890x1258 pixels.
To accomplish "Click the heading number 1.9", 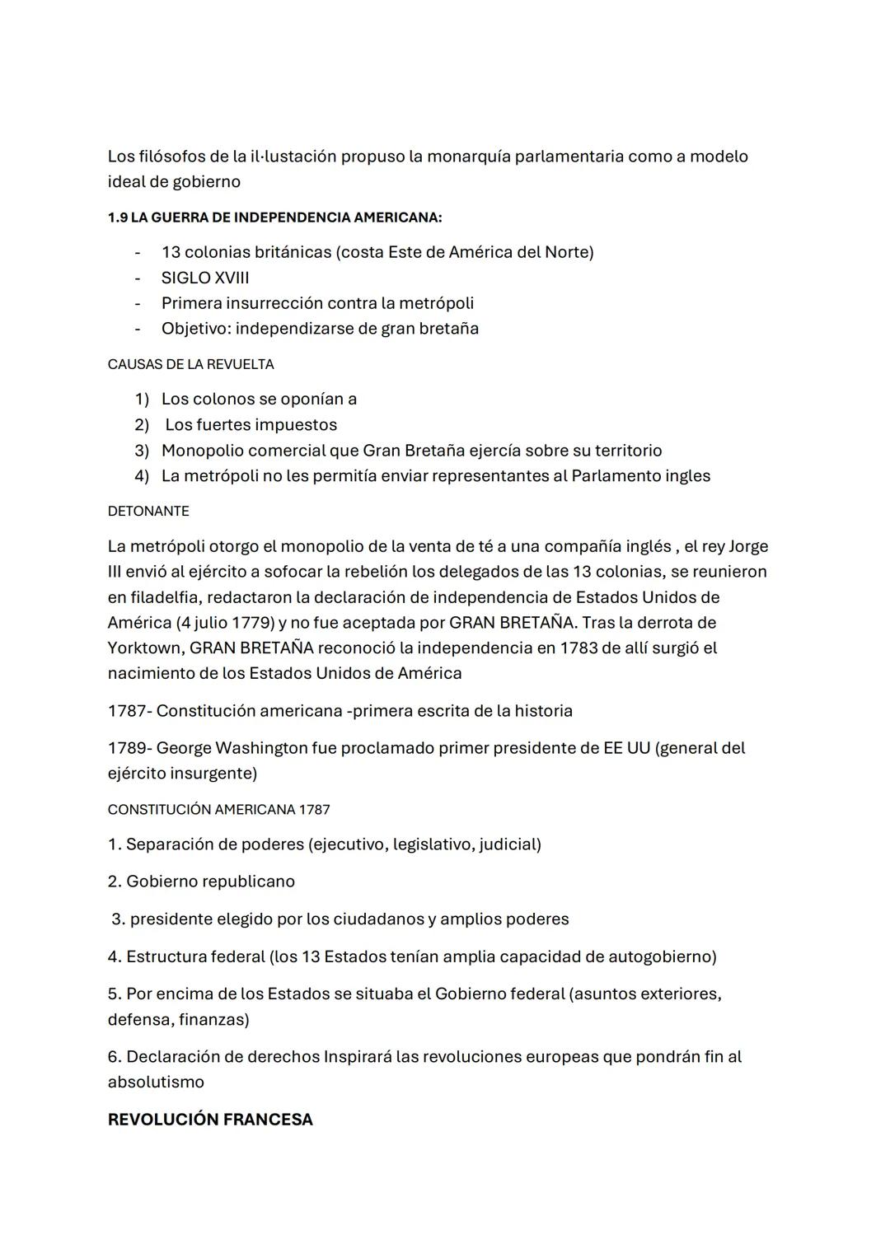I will click(117, 218).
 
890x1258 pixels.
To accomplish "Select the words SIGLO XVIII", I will click(205, 278).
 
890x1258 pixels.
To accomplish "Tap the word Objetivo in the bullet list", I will click(195, 329).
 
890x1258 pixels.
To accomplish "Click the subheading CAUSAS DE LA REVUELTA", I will click(190, 364).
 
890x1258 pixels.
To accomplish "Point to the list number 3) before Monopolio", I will click(142, 451).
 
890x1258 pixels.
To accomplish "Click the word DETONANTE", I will click(148, 511).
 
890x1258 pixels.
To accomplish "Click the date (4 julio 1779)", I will click(192, 622).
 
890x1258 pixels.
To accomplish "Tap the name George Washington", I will click(232, 748).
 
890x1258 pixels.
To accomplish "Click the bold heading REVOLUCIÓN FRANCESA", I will click(210, 1120).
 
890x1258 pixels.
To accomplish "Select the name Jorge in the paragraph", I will click(747, 546).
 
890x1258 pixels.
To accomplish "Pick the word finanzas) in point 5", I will click(213, 1019).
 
